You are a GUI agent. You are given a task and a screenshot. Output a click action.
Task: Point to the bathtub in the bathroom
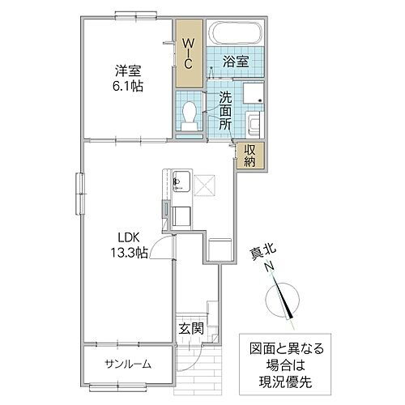(234, 35)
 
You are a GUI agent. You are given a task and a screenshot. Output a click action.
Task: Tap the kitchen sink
(179, 182)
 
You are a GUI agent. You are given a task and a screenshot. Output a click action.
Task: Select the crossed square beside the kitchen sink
(202, 185)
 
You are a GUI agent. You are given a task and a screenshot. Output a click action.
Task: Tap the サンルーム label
(127, 364)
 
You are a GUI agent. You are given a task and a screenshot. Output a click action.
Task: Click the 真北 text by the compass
(262, 254)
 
